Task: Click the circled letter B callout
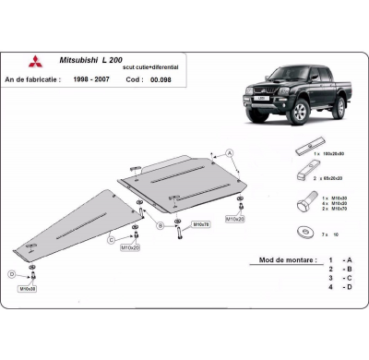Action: pyautogui.click(x=161, y=223)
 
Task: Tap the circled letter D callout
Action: pyautogui.click(x=11, y=273)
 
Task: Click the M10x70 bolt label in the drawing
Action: pyautogui.click(x=200, y=224)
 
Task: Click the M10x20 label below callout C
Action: pyautogui.click(x=130, y=248)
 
